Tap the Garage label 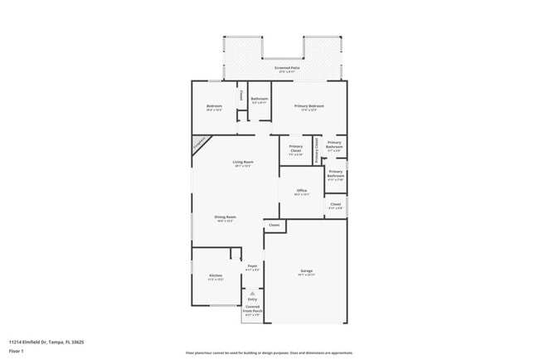[x=306, y=271]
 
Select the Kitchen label [x=216, y=275]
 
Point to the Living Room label [x=242, y=162]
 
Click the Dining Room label [x=226, y=216]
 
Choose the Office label [x=302, y=191]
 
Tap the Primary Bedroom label [x=309, y=106]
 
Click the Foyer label [x=252, y=265]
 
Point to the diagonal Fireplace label [x=200, y=144]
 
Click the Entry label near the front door [x=253, y=299]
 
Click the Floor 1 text [x=17, y=351]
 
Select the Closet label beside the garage [x=274, y=225]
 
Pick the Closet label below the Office [x=335, y=204]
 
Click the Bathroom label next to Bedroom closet [x=259, y=99]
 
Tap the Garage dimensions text [x=306, y=275]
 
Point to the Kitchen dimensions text [x=216, y=280]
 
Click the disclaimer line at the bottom [x=269, y=353]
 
